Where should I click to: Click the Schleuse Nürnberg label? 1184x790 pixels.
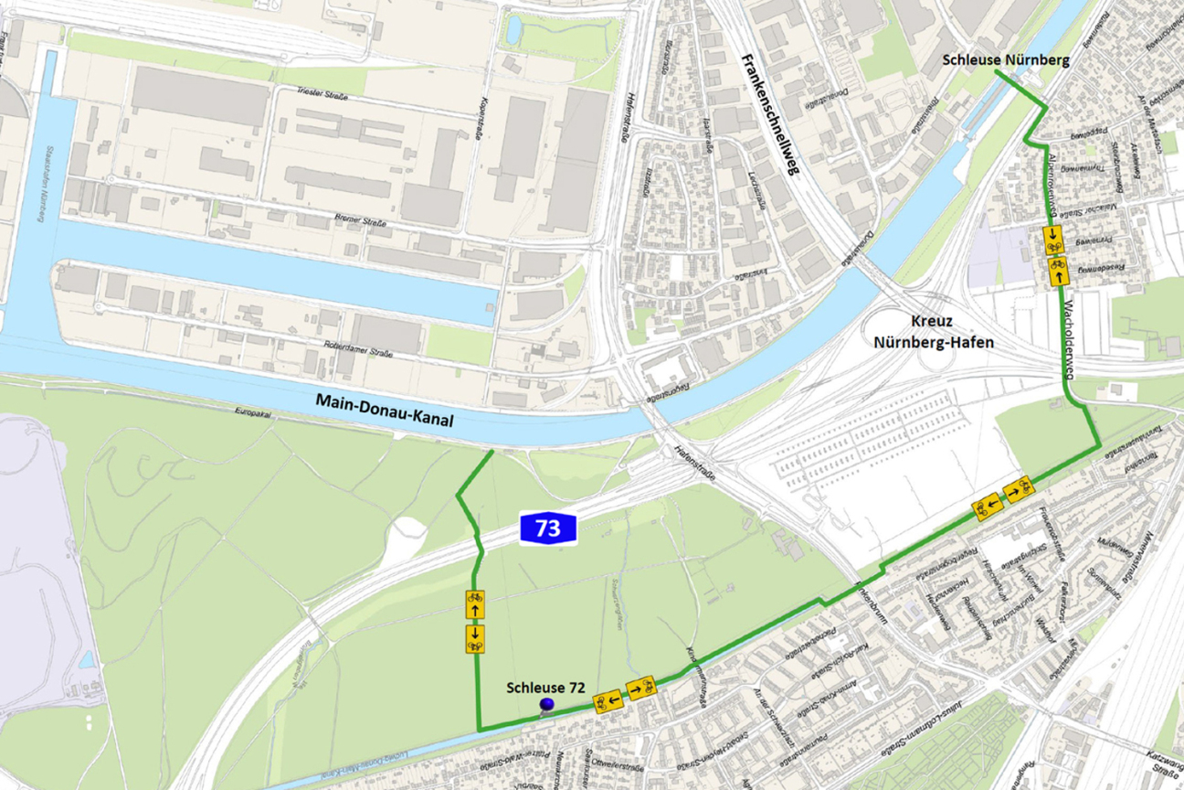pos(1006,60)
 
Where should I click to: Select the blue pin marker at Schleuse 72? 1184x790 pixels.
pos(547,704)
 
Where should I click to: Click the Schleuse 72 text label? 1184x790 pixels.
pos(544,687)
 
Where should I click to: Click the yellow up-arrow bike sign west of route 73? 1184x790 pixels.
pos(475,604)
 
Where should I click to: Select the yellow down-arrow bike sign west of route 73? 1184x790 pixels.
pos(475,638)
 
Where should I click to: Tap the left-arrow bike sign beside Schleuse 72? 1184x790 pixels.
pos(608,702)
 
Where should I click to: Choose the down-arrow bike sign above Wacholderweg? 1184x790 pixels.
pos(1054,240)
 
